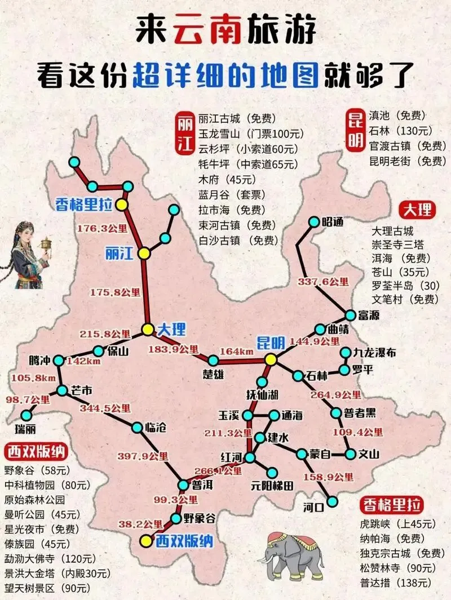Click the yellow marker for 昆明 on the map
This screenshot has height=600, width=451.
coord(271,359)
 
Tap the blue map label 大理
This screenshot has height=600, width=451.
coord(171,329)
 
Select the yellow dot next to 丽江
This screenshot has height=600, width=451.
coord(145,254)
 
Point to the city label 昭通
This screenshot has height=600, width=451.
coord(333,221)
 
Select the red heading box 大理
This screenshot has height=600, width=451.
coord(418,210)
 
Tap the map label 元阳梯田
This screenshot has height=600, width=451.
coord(273,486)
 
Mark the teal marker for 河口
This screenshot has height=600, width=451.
coord(334,501)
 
